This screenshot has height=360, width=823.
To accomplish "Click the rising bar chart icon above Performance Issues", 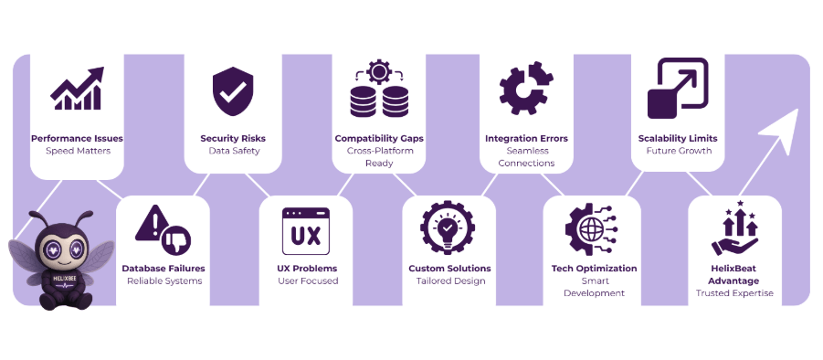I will tap(76, 89).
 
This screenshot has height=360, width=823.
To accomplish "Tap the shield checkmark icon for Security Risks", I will tap(232, 90).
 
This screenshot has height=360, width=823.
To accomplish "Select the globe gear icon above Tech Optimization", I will tap(593, 230).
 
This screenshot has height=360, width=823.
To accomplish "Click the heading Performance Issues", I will tap(77, 139).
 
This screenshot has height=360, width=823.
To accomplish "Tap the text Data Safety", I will tap(233, 151).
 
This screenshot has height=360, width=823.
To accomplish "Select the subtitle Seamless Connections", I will tap(526, 157).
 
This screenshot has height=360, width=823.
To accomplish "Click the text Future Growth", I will tap(678, 151).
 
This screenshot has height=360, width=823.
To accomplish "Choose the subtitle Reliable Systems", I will tap(164, 281).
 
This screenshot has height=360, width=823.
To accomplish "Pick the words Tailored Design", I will tap(448, 281).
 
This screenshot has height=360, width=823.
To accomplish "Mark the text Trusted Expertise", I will tap(734, 293).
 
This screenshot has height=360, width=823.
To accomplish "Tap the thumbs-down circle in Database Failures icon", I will tap(176, 240).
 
